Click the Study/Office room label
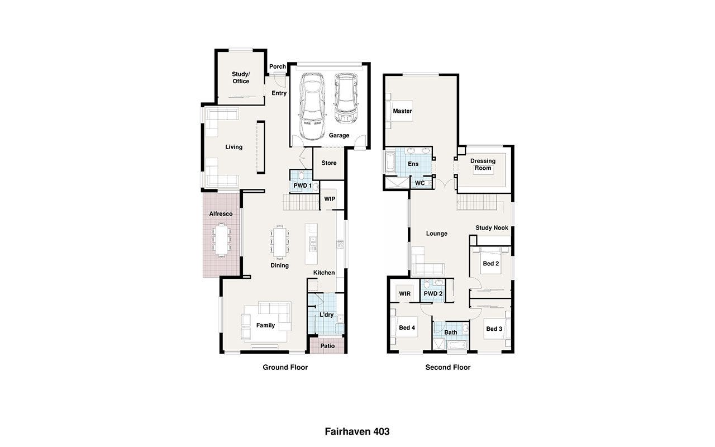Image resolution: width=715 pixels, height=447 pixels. pyautogui.click(x=241, y=78)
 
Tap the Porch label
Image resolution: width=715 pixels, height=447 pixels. pyautogui.click(x=278, y=66)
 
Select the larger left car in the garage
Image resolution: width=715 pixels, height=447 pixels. pyautogui.click(x=312, y=106)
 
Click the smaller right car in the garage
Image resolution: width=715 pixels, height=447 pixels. pyautogui.click(x=346, y=98)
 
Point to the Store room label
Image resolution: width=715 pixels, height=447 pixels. pyautogui.click(x=329, y=163)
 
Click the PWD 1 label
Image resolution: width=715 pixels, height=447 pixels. pyautogui.click(x=302, y=186)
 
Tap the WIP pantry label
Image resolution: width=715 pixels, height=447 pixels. pyautogui.click(x=330, y=199)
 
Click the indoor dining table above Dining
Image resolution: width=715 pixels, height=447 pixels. pyautogui.click(x=280, y=242)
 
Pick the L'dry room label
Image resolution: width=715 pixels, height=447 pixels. pyautogui.click(x=327, y=315)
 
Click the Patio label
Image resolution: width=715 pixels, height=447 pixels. pyautogui.click(x=327, y=346)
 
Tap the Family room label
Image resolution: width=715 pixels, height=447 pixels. pyautogui.click(x=265, y=325)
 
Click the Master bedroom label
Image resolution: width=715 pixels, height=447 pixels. pyautogui.click(x=402, y=111)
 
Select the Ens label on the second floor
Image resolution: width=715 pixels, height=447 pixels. pyautogui.click(x=413, y=164)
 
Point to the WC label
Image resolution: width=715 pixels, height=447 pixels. pyautogui.click(x=420, y=183)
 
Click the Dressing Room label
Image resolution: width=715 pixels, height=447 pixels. pyautogui.click(x=483, y=164)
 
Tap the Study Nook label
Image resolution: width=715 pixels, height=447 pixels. pyautogui.click(x=492, y=227)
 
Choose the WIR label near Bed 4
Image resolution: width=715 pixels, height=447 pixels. pyautogui.click(x=405, y=294)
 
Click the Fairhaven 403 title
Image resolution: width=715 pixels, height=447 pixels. pyautogui.click(x=357, y=432)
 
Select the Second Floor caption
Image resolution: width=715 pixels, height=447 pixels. pyautogui.click(x=448, y=368)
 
